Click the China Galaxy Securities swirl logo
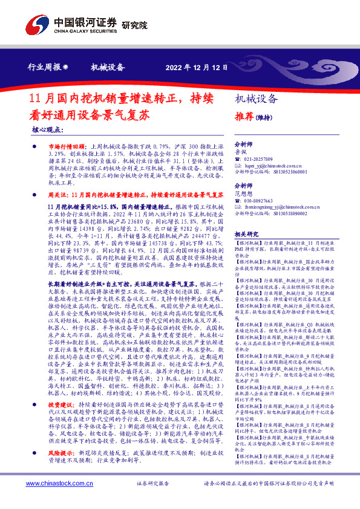click(38, 24)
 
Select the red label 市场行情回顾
click(63, 147)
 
